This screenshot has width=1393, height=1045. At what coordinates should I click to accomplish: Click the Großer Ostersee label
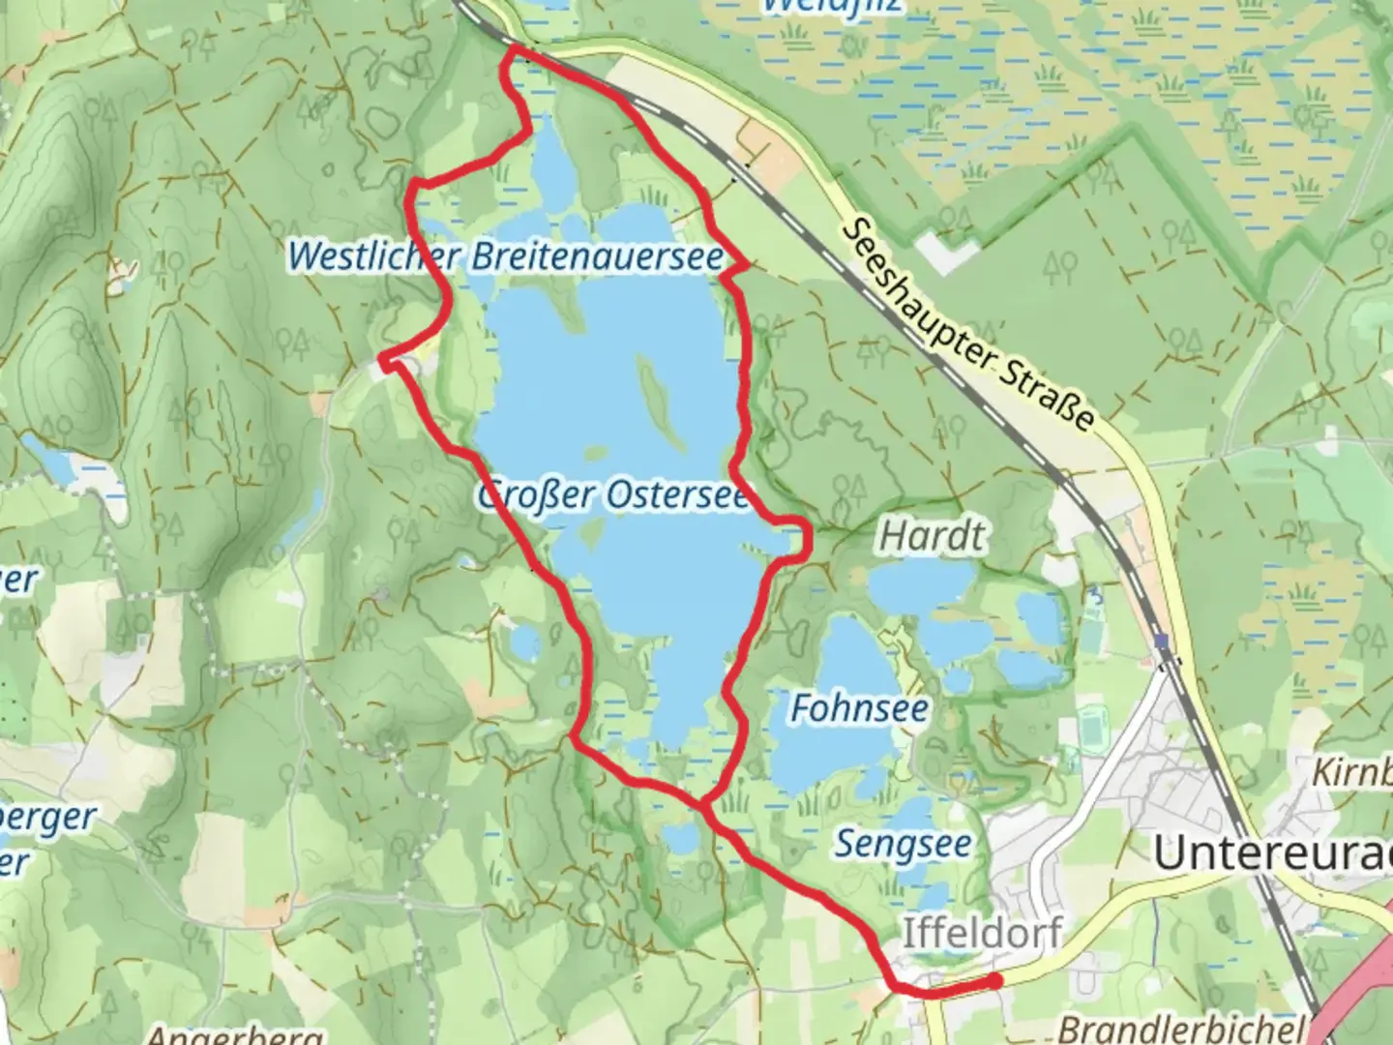(x=613, y=496)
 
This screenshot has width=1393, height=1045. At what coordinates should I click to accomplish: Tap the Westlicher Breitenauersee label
(x=506, y=256)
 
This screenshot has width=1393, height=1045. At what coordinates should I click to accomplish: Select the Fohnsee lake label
(x=859, y=708)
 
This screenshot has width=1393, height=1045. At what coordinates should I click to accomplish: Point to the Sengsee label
(x=903, y=844)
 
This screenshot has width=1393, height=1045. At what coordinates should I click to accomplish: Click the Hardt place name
(x=933, y=535)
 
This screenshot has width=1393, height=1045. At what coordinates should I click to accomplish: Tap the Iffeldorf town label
(x=982, y=933)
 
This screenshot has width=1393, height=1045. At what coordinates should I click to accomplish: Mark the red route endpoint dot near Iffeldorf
(x=994, y=981)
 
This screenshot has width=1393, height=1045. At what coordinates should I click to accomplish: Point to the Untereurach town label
(x=1272, y=853)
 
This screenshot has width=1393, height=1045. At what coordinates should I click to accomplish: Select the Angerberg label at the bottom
(x=234, y=1035)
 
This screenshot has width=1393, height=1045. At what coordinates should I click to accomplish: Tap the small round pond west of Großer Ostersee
(x=525, y=642)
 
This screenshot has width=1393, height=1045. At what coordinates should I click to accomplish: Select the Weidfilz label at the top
(x=832, y=6)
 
